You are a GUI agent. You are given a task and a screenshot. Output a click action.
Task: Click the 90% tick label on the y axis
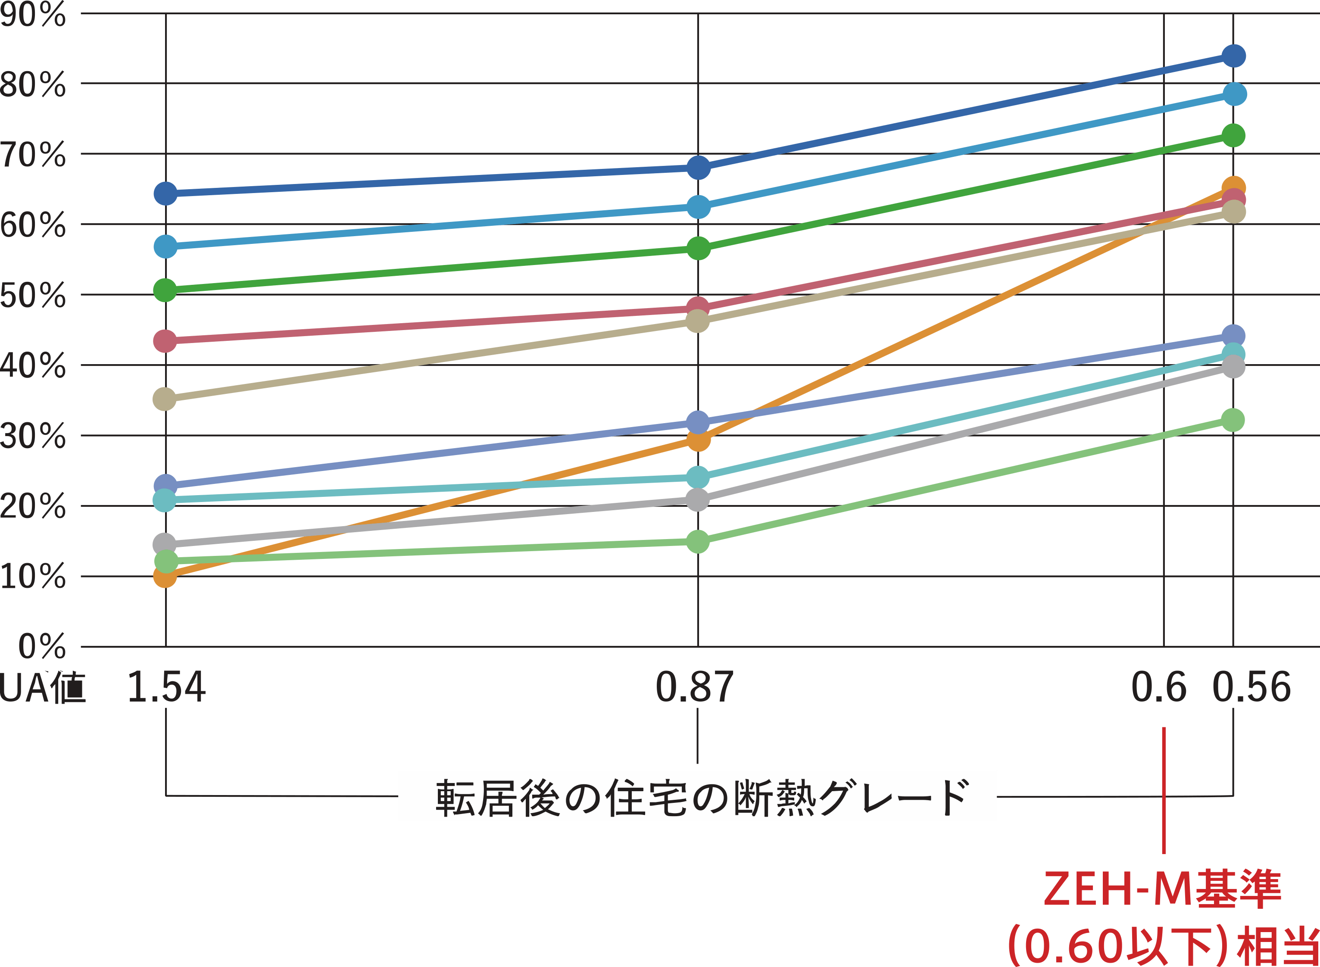pos(33,14)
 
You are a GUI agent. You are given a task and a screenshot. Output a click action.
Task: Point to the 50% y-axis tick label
pos(33,295)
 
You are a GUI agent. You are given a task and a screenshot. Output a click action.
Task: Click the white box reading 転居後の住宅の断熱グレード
pos(697,796)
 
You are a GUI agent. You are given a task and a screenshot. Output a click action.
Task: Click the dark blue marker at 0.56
pos(1233,56)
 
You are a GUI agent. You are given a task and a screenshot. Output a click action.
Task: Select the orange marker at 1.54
pos(165,577)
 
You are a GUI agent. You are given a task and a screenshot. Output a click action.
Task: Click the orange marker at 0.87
pos(698,440)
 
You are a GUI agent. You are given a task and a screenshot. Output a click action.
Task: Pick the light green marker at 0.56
pos(1233,420)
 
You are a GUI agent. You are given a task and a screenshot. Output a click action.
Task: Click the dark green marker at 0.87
pos(698,249)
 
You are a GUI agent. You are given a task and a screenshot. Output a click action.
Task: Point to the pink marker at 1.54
pos(165,341)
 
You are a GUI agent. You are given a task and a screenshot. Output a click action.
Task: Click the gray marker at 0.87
pos(697,500)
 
